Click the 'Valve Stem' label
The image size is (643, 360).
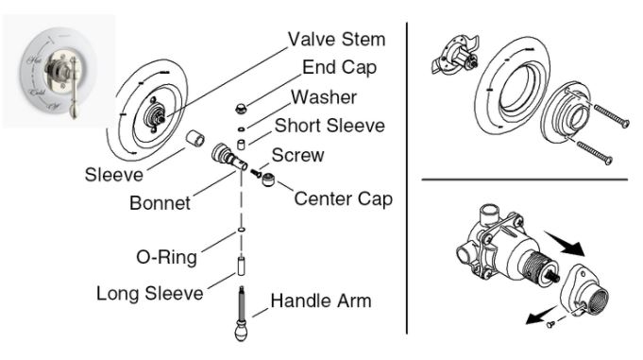tap(336, 40)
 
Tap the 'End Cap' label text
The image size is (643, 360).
tap(339, 68)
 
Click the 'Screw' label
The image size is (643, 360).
tap(298, 154)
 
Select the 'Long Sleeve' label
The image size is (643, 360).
tap(149, 293)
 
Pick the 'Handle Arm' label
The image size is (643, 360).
tap(321, 301)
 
